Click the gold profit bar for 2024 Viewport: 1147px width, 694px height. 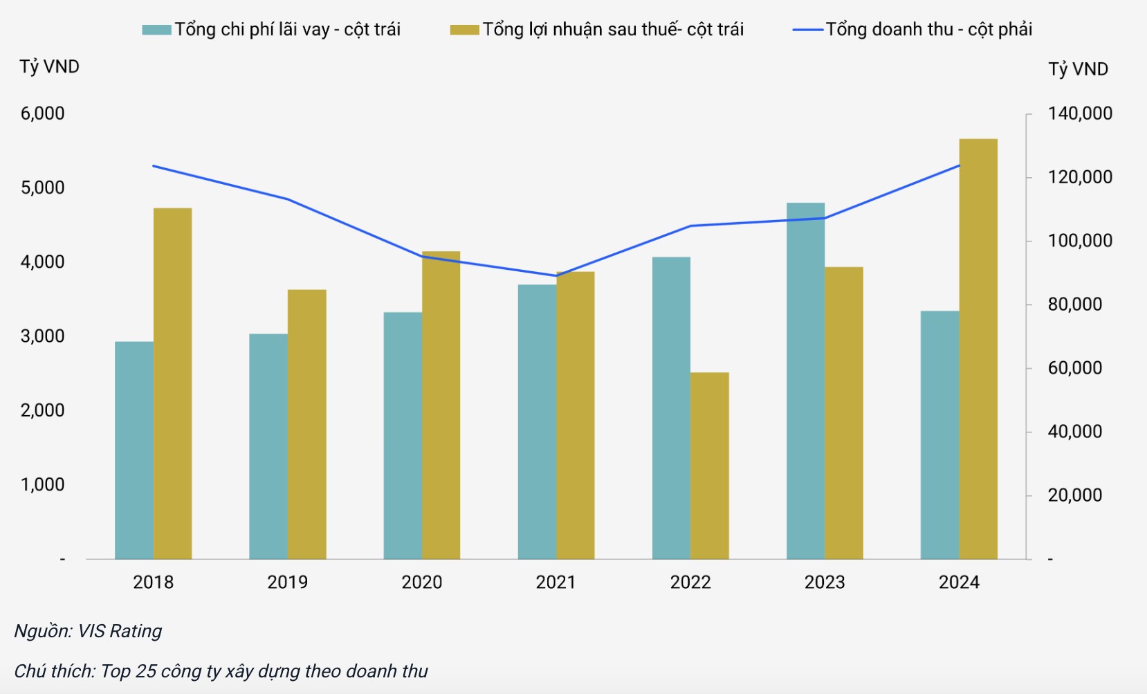point(978,349)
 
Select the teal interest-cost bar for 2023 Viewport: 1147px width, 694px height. point(805,381)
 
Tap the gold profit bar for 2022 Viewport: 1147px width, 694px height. point(710,466)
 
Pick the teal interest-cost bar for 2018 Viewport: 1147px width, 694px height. point(134,450)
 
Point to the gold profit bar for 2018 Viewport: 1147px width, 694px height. point(172,383)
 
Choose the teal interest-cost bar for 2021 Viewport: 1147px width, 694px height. point(537,421)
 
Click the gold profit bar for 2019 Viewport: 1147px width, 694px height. point(306,424)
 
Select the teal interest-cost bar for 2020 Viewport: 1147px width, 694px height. point(403,435)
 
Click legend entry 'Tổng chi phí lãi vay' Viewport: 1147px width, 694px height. point(272,29)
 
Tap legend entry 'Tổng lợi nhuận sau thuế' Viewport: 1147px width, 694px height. point(598,29)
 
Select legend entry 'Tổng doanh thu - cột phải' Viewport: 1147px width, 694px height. point(913,29)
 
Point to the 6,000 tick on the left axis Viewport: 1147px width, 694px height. point(42,113)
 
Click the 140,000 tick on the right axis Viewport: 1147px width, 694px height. point(1080,113)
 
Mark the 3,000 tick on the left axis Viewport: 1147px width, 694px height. point(42,336)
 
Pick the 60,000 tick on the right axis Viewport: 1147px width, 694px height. point(1075,368)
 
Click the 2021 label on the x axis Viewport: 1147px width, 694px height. point(556,582)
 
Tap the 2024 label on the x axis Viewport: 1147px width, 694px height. point(959,582)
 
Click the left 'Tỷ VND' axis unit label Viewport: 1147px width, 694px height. point(49,66)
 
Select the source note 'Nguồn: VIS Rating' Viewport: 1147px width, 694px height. point(88,631)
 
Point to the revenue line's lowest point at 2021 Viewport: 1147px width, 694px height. point(557,275)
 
